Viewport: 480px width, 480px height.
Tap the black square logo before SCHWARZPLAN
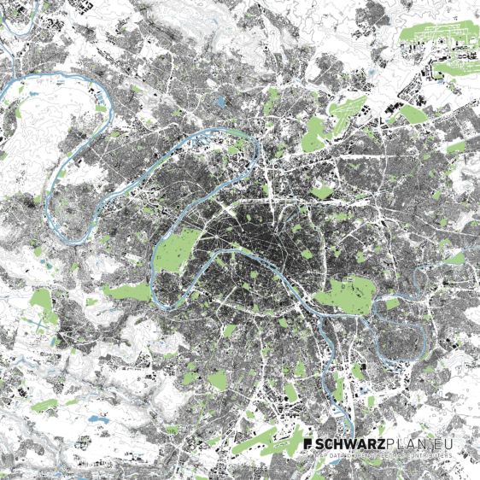point(308,445)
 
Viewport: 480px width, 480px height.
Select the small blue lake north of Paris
point(221,101)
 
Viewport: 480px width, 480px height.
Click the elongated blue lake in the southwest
point(91,419)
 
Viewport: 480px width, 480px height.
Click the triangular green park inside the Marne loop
point(392,303)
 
